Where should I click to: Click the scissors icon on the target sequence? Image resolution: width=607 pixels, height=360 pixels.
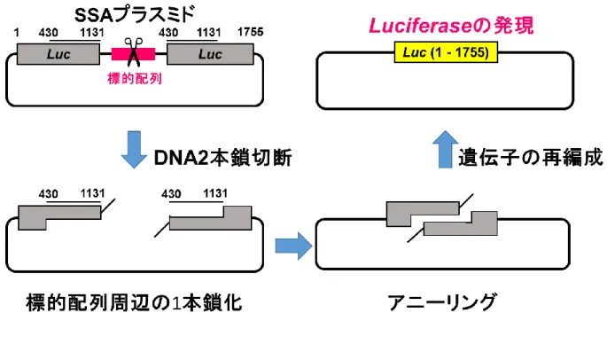[134, 52]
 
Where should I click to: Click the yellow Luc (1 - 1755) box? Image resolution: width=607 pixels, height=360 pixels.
[446, 52]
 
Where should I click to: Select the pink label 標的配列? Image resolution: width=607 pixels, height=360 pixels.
[135, 79]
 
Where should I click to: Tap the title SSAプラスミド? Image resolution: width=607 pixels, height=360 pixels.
[134, 15]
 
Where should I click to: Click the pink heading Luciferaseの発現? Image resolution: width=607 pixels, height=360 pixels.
[451, 26]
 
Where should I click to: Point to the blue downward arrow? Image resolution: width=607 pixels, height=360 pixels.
[134, 150]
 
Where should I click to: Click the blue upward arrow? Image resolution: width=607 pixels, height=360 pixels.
[445, 149]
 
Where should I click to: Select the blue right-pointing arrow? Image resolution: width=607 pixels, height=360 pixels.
[293, 247]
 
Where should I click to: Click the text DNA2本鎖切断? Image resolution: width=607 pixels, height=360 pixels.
[222, 158]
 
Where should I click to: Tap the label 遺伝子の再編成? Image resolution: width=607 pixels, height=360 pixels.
[531, 158]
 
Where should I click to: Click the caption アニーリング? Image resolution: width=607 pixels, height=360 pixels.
[441, 302]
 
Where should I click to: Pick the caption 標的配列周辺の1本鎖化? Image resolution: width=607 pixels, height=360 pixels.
[134, 302]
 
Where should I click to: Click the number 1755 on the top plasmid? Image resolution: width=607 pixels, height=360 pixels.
[251, 32]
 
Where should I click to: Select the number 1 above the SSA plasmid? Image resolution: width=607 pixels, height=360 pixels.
[16, 32]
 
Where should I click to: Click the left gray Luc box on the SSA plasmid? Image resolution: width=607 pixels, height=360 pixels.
[58, 54]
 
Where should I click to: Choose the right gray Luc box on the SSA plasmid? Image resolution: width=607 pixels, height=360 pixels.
[210, 54]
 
